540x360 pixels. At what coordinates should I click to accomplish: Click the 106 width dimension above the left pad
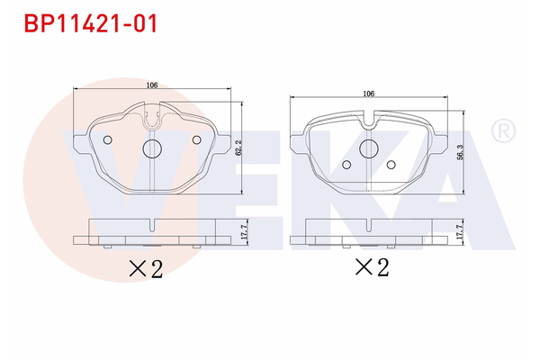click(151, 85)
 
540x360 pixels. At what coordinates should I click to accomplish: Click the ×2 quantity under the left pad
click(145, 267)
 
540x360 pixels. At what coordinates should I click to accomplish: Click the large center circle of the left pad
click(152, 148)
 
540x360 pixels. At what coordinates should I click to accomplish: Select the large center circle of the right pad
click(369, 149)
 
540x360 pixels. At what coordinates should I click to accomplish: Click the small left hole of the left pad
click(108, 139)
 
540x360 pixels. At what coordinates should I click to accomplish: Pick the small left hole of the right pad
click(348, 165)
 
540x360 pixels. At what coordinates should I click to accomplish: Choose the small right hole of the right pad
click(391, 165)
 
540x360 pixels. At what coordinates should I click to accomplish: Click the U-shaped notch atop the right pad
click(368, 117)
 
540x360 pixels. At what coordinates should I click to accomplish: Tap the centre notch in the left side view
click(152, 226)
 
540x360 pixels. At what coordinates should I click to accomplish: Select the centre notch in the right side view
click(369, 226)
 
